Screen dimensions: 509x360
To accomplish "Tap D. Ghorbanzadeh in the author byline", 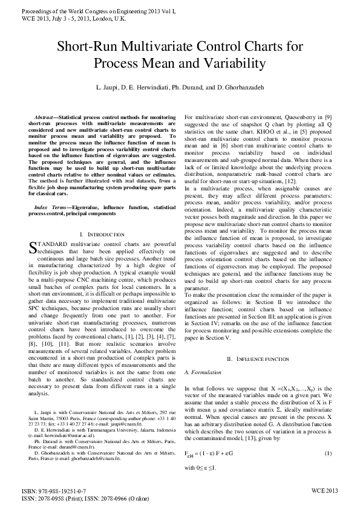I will pos(240,88).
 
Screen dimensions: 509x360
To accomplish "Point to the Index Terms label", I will pos(50,207).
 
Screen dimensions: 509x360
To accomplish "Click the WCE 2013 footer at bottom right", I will pos(324,491).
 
